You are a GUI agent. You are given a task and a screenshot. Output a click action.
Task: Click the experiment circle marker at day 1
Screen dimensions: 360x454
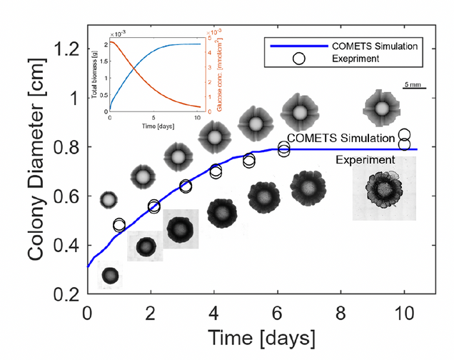[119, 225]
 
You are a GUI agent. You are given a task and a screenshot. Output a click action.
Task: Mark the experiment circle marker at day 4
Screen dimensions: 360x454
[215, 171]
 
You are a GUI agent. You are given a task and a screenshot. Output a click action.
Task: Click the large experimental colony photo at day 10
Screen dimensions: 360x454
[384, 189]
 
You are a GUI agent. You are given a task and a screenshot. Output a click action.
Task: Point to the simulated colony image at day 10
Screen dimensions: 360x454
[383, 108]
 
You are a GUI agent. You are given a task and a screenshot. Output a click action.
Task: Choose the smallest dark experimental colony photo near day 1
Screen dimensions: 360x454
[110, 275]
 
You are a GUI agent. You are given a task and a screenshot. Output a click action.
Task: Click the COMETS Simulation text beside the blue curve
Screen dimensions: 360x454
[340, 138]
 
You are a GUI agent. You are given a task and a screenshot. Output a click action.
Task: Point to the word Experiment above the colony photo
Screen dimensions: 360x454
[366, 159]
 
